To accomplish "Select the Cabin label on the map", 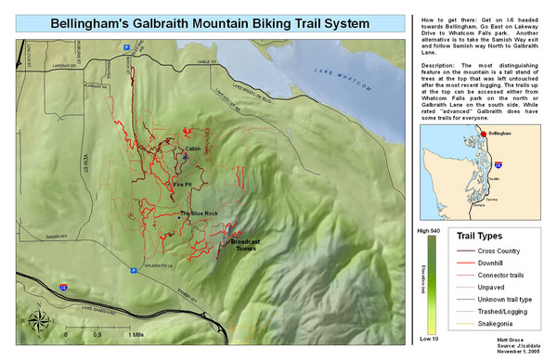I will pyautogui.click(x=193, y=148).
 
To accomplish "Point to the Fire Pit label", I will pyautogui.click(x=184, y=186).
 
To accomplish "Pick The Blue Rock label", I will pyautogui.click(x=199, y=214).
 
